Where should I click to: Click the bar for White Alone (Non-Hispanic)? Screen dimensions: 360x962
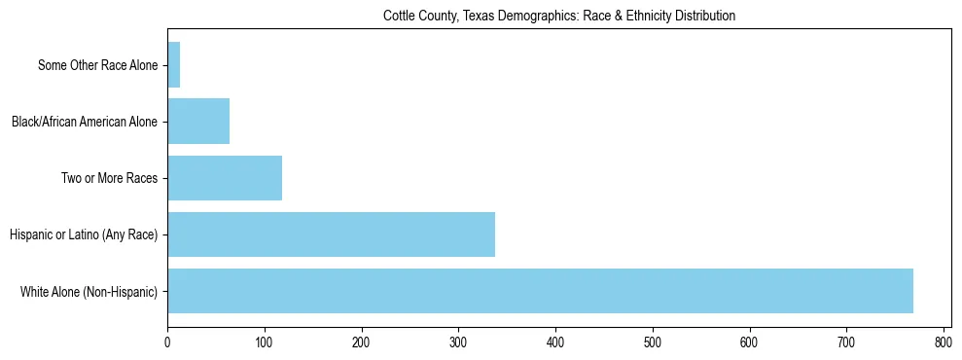click(540, 291)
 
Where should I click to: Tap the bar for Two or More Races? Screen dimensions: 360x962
click(225, 178)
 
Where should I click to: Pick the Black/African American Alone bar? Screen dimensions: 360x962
click(198, 122)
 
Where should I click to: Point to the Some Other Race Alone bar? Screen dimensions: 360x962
click(174, 65)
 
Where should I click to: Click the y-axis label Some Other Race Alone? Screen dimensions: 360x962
click(97, 66)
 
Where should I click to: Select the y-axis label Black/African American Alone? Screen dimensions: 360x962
click(85, 123)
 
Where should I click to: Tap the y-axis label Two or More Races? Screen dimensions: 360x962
click(109, 179)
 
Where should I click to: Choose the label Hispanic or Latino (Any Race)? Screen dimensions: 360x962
click(83, 235)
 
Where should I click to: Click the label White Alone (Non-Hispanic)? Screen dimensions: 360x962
click(89, 292)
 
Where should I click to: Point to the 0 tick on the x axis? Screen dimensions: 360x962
click(167, 342)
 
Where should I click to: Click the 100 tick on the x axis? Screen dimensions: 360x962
click(265, 342)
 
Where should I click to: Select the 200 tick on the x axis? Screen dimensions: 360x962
click(361, 342)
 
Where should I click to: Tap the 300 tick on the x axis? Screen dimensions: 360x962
click(458, 342)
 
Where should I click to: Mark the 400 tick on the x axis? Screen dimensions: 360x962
click(555, 342)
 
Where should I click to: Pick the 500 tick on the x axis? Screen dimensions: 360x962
click(652, 342)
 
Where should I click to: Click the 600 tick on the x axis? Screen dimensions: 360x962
click(749, 342)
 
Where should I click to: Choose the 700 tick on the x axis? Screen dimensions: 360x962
click(846, 342)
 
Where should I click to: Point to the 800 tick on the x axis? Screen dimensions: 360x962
click(943, 342)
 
